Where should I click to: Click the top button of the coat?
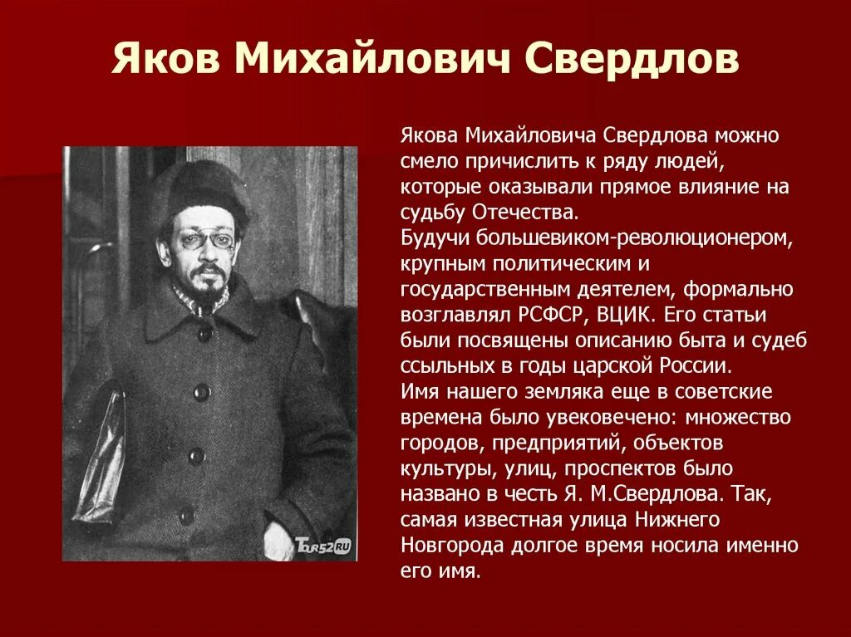click(x=204, y=332)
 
